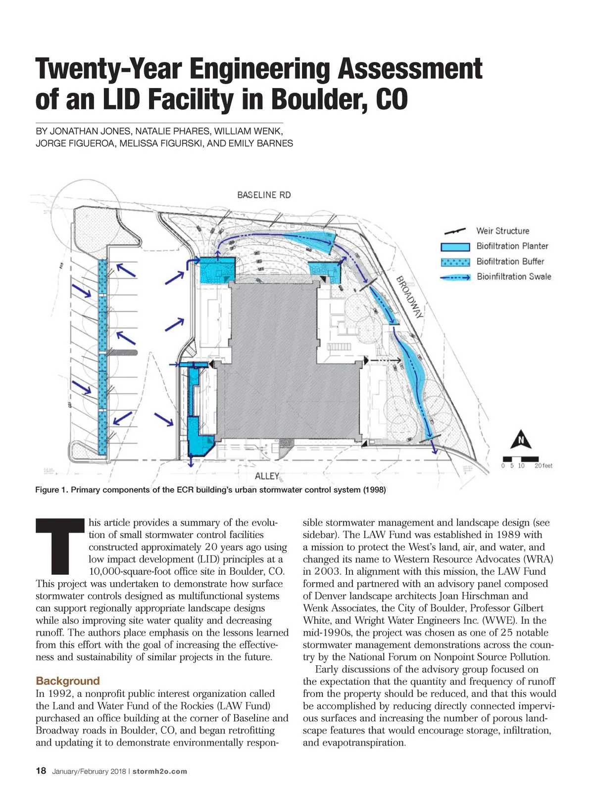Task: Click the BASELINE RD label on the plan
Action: point(264,195)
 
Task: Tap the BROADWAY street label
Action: point(410,297)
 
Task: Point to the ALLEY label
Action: point(267,476)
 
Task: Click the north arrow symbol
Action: point(521,440)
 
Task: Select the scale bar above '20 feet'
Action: point(519,458)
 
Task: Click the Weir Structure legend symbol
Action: point(454,231)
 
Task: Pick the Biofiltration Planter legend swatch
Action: point(455,247)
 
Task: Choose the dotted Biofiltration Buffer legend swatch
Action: point(455,261)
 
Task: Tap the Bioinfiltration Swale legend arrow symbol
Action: point(455,277)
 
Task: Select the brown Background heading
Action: point(68,681)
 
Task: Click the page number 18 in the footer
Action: point(41,771)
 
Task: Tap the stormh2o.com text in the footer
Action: point(160,771)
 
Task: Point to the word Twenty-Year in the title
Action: point(108,69)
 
